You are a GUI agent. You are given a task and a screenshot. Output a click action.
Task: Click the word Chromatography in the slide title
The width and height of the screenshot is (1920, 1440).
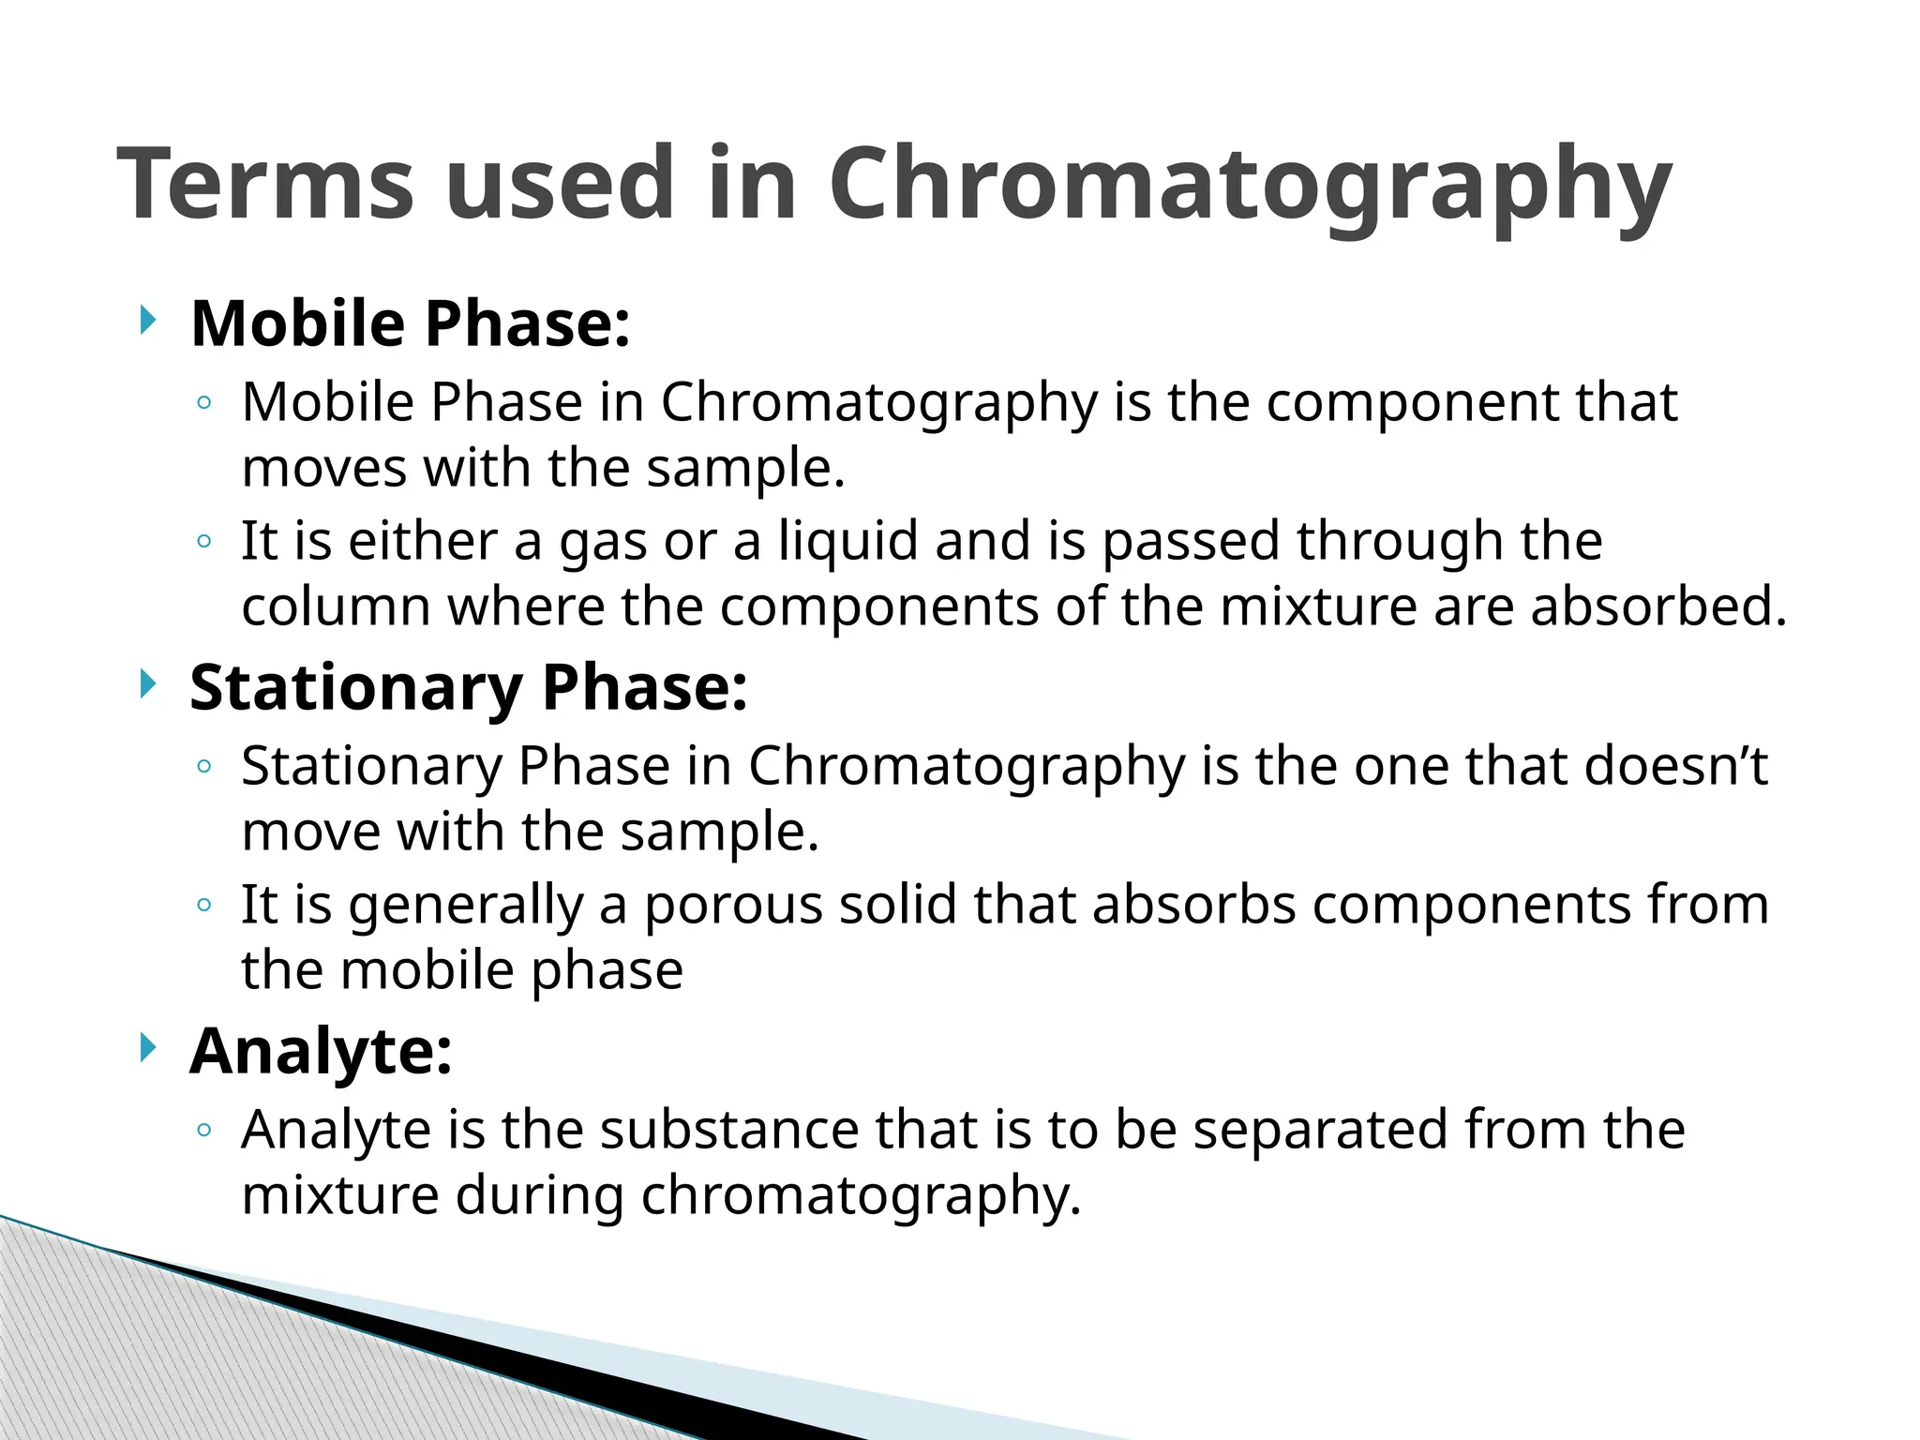[x=1250, y=186]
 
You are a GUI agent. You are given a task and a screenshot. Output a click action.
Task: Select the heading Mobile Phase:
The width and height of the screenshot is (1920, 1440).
[x=410, y=323]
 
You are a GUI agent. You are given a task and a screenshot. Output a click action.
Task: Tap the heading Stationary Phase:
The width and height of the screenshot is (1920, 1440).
[x=468, y=687]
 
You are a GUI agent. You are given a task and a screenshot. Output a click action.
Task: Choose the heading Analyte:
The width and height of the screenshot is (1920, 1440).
[x=321, y=1051]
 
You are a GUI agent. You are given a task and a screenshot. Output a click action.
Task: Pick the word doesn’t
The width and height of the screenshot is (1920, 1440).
[x=1675, y=766]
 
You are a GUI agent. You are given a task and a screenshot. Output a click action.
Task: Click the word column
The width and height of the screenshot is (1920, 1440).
[x=336, y=607]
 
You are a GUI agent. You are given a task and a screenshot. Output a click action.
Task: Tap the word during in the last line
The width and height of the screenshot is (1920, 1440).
[x=540, y=1195]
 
